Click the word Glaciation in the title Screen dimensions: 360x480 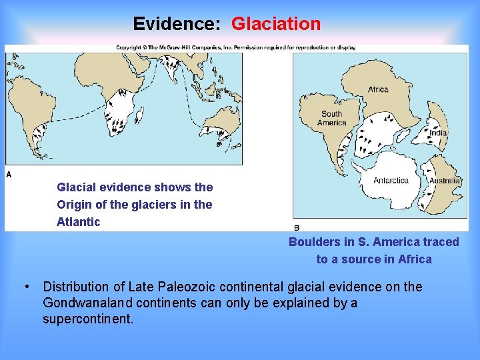(x=276, y=24)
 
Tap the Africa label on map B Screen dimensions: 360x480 (x=378, y=90)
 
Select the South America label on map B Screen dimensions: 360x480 (x=331, y=118)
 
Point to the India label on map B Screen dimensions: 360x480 (x=438, y=133)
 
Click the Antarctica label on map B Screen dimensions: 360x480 (x=391, y=181)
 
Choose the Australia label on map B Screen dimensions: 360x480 (x=445, y=181)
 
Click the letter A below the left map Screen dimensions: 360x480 (x=9, y=174)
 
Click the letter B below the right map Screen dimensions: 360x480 (x=297, y=228)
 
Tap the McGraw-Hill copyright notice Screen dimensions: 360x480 (x=236, y=47)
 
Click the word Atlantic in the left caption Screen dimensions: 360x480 (x=79, y=222)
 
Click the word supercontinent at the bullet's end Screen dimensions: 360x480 (x=88, y=319)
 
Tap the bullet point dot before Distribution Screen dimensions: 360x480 (x=25, y=287)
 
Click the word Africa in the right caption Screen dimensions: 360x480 (x=415, y=259)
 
